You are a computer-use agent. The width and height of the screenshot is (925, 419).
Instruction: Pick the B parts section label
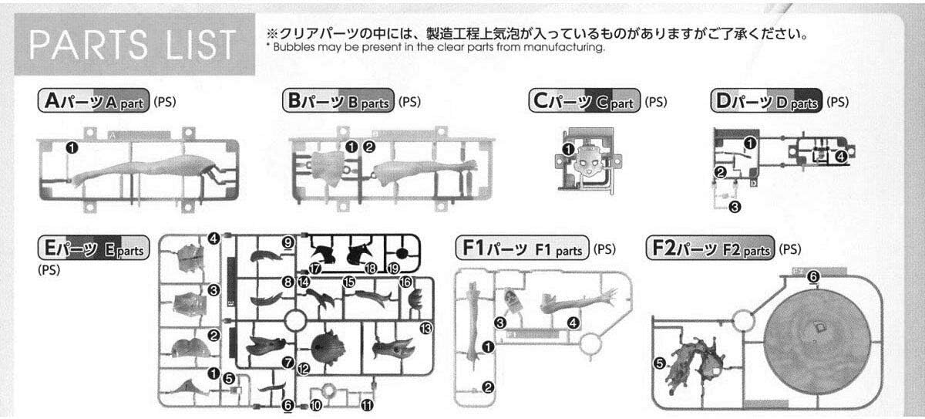[x=338, y=101]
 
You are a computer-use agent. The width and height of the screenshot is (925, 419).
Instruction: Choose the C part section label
[x=584, y=101]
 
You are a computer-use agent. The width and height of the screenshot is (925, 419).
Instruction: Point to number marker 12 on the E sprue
[x=304, y=369]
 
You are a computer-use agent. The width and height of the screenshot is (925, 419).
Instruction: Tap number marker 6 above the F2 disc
[x=814, y=276]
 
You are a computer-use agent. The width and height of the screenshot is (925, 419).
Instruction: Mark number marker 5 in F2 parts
[x=660, y=363]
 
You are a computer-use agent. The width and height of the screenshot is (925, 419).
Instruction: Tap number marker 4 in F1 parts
[x=573, y=322]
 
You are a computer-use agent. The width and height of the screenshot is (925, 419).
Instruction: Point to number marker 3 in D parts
[x=735, y=206]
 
